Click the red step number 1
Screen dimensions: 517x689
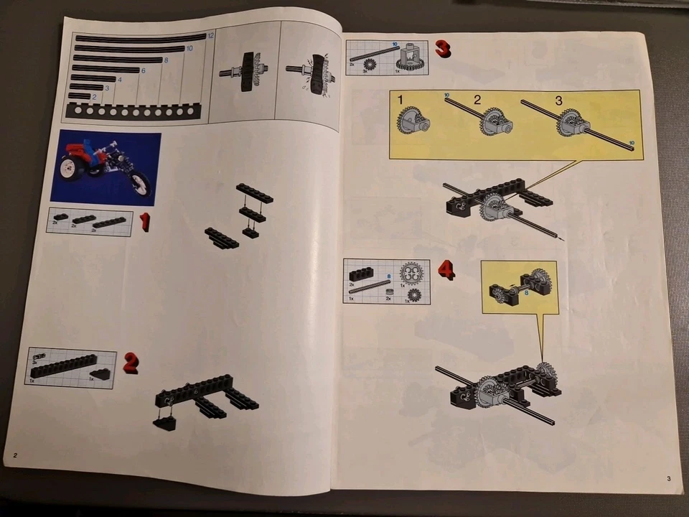pyautogui.click(x=145, y=222)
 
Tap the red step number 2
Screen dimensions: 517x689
pyautogui.click(x=130, y=363)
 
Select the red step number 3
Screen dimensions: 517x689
pyautogui.click(x=442, y=49)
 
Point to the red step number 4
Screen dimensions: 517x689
pyautogui.click(x=446, y=270)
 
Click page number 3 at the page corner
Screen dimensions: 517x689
pyautogui.click(x=667, y=479)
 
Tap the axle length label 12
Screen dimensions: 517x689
pyautogui.click(x=210, y=35)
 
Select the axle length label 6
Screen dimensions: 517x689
pyautogui.click(x=144, y=70)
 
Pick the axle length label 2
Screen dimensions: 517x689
pyautogui.click(x=94, y=96)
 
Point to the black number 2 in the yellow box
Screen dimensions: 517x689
pyautogui.click(x=477, y=101)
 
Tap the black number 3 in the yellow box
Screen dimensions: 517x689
pyautogui.click(x=560, y=101)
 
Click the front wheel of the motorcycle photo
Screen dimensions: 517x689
pyautogui.click(x=141, y=185)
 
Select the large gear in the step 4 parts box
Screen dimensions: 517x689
pyautogui.click(x=411, y=272)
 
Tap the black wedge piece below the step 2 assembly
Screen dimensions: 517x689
pyautogui.click(x=165, y=423)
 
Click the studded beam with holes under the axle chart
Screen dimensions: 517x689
pyautogui.click(x=133, y=111)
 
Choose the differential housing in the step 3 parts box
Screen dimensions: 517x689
pyautogui.click(x=411, y=57)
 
